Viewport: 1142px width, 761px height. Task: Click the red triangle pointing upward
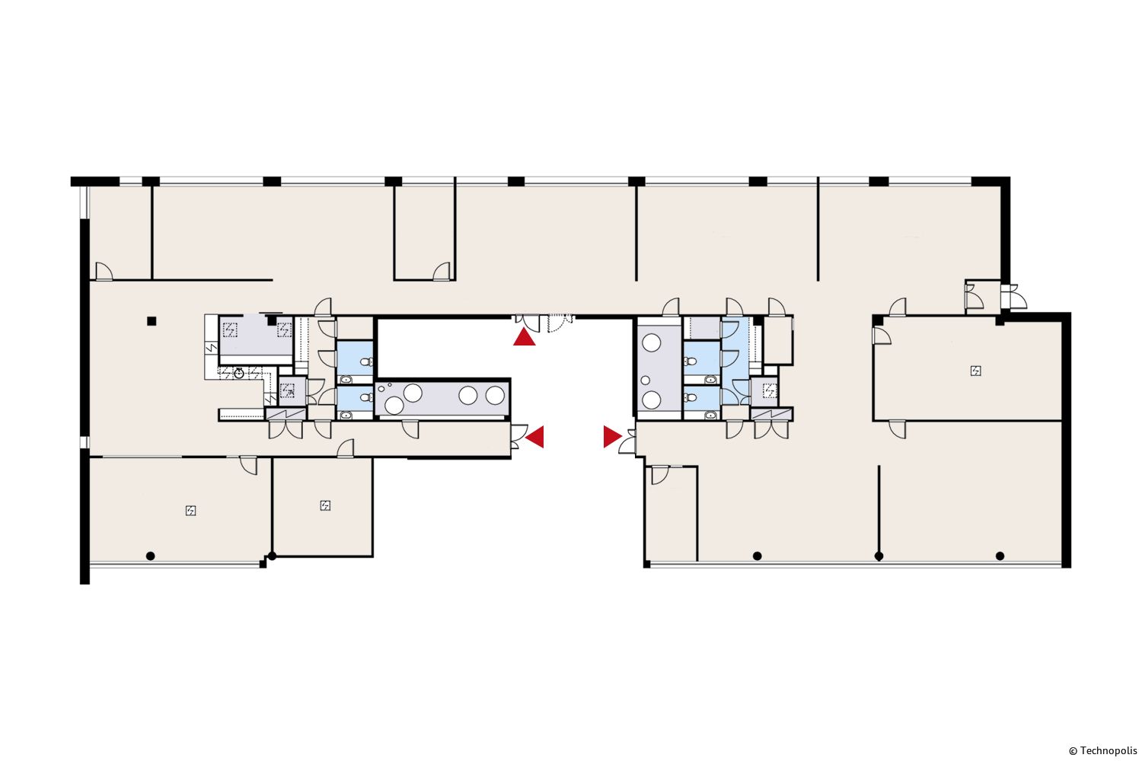(x=524, y=338)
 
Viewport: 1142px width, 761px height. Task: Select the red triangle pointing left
(x=535, y=437)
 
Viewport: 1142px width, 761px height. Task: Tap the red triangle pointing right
(x=612, y=437)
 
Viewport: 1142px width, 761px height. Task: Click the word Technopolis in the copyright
(x=1109, y=751)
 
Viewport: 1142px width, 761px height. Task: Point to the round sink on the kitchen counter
(x=238, y=374)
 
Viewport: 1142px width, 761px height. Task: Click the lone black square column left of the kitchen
(x=152, y=321)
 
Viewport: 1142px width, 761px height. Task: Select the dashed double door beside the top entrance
(x=560, y=323)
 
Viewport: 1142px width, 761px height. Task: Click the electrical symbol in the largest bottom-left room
(x=190, y=510)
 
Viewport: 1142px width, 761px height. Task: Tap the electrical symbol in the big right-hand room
(x=976, y=371)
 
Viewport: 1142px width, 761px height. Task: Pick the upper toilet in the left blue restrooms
(x=366, y=362)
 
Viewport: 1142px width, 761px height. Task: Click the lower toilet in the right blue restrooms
(x=691, y=397)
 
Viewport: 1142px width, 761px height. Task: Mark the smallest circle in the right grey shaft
(x=646, y=380)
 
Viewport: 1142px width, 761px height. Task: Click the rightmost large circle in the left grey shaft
(x=495, y=396)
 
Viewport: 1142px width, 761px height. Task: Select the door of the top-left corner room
(x=104, y=272)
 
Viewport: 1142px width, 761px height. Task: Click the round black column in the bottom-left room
(x=151, y=556)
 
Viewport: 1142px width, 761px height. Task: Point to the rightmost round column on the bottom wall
(x=1000, y=556)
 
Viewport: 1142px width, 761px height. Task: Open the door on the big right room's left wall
(x=882, y=336)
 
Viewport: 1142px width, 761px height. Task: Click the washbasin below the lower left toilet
(x=346, y=416)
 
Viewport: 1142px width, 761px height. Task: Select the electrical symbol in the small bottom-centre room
(x=325, y=505)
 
